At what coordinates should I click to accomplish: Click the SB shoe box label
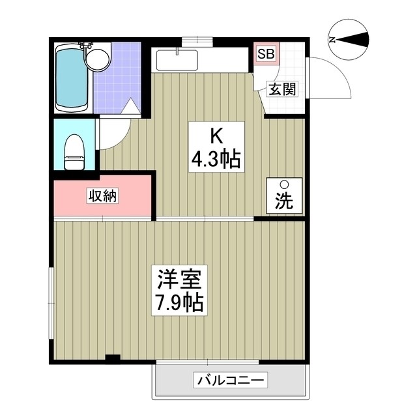click(x=265, y=54)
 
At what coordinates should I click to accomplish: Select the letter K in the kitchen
click(x=216, y=136)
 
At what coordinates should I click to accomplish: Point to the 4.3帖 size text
click(x=217, y=158)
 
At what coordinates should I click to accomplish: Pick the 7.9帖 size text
click(x=180, y=302)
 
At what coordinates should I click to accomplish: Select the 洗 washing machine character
click(x=284, y=201)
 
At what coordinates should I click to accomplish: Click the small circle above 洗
click(x=284, y=184)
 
